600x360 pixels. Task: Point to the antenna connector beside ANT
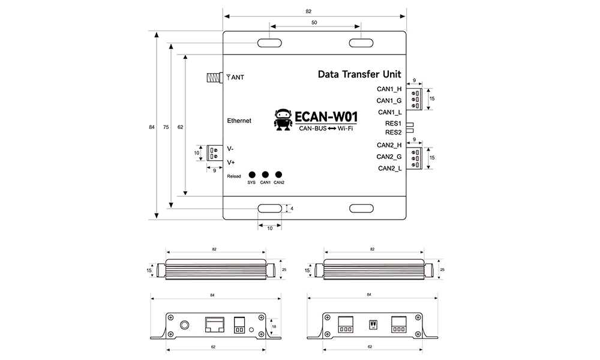tap(214, 77)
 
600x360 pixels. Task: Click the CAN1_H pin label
tap(389, 89)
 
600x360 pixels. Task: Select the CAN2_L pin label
tap(389, 169)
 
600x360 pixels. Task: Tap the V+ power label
tap(231, 162)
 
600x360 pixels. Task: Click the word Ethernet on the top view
tap(239, 121)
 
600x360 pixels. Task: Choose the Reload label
tap(234, 176)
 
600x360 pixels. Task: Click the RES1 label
tap(393, 124)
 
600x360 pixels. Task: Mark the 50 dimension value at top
tap(314, 22)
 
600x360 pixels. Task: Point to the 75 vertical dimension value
tap(165, 127)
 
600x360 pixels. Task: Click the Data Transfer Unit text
tap(359, 75)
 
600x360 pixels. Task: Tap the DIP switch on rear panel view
tap(373, 325)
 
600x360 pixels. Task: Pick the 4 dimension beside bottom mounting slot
tap(292, 208)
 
